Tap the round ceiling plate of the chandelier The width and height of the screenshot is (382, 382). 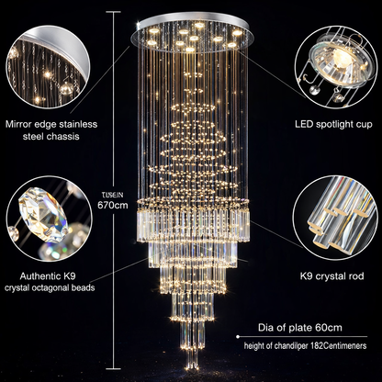pyautogui.click(x=190, y=37)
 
